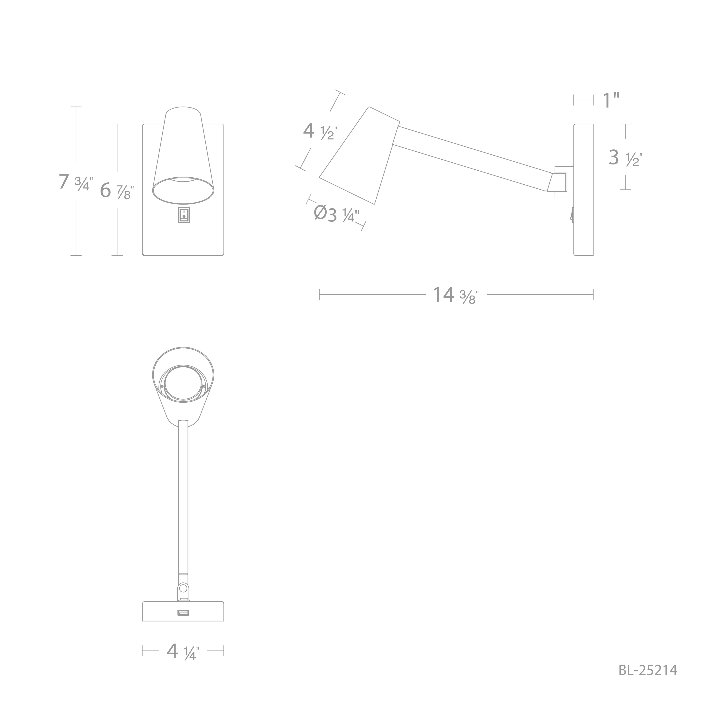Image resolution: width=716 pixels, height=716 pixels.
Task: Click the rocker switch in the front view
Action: [x=184, y=215]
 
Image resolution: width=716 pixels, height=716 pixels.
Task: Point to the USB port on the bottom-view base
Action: [x=183, y=613]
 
